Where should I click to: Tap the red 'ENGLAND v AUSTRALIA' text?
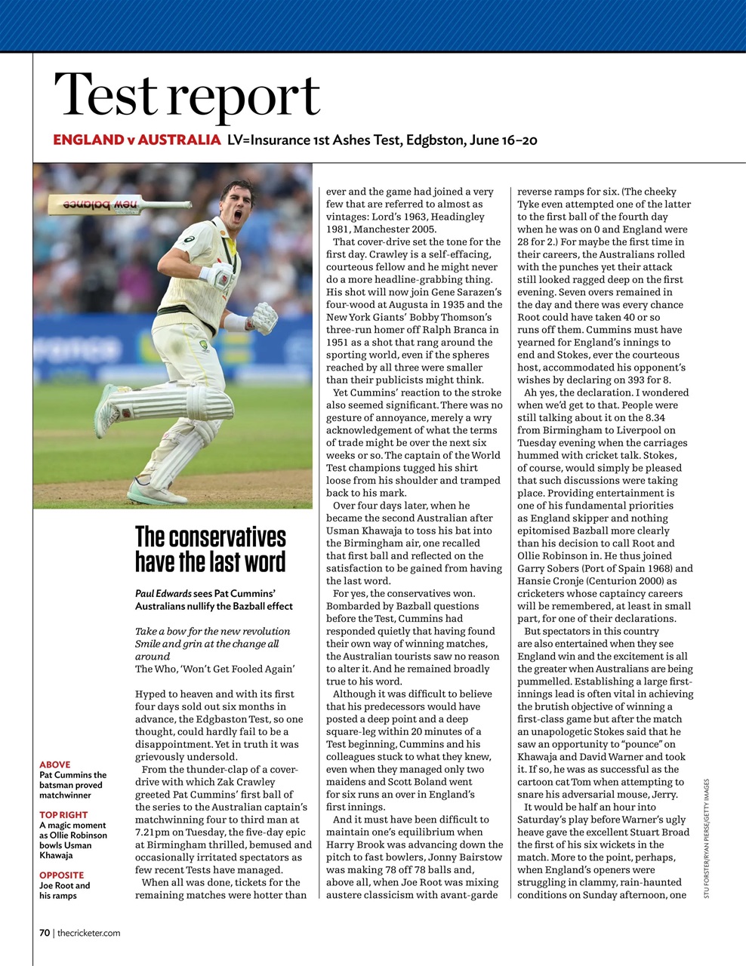137,140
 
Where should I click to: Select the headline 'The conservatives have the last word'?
211,549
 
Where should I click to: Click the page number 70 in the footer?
45,933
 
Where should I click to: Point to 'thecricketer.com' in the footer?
88,933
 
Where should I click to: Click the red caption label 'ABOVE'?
54,764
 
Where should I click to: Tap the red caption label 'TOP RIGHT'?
63,814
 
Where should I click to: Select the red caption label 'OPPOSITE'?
61,875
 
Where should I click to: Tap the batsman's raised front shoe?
107,411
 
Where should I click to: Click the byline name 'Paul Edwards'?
163,593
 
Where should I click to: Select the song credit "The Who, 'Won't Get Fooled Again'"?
214,669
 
